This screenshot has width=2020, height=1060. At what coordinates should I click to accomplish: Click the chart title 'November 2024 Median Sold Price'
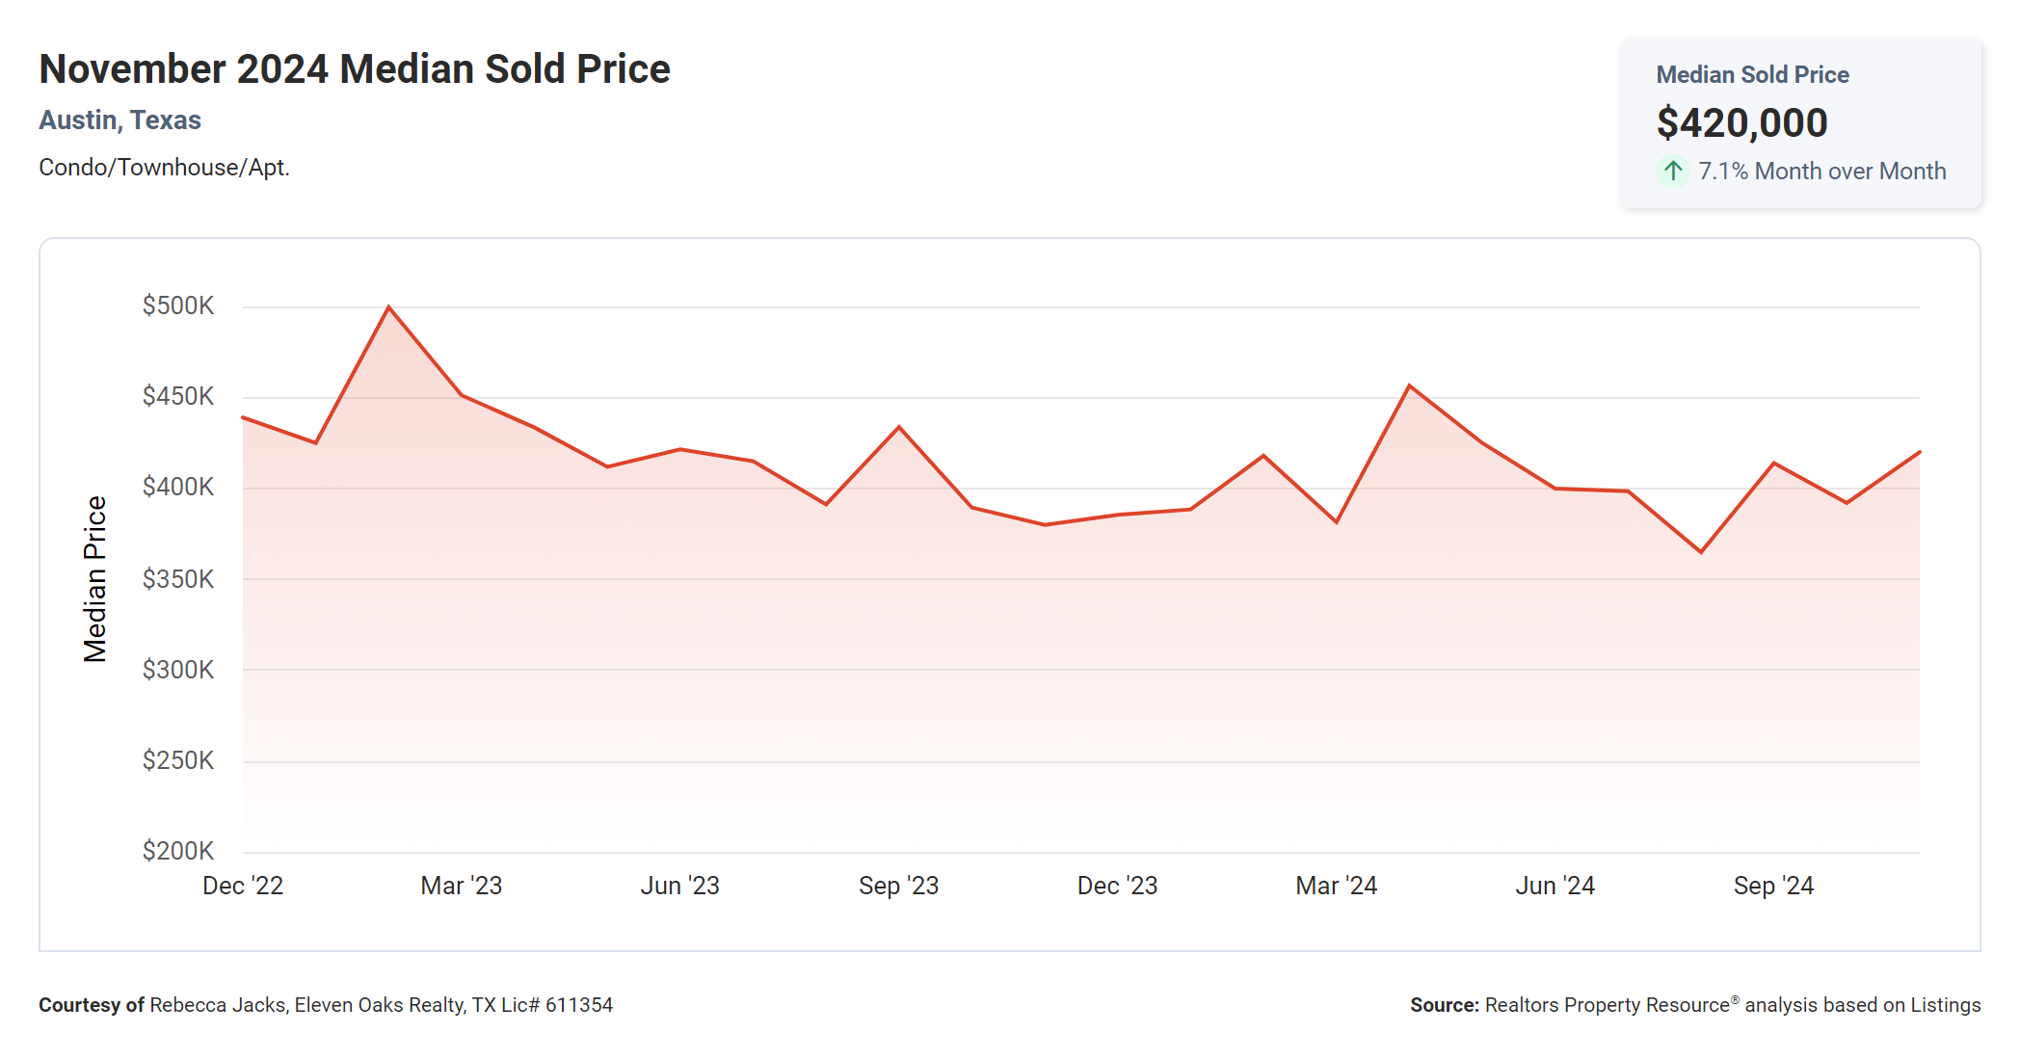[x=354, y=69]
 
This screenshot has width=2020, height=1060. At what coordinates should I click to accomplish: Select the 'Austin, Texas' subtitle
[x=120, y=120]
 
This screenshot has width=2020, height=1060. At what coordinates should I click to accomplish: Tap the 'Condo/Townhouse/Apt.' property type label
[x=164, y=168]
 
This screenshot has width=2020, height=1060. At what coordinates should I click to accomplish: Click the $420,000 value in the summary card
[x=1741, y=123]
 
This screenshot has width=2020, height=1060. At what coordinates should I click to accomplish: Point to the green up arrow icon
[x=1673, y=172]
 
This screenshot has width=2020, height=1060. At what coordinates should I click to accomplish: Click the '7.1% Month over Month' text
[x=1821, y=172]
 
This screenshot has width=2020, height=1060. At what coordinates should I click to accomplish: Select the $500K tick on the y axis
[x=178, y=306]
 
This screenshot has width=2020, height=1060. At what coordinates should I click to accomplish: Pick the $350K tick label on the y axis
[x=178, y=579]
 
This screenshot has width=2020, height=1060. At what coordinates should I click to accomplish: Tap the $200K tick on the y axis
[x=178, y=851]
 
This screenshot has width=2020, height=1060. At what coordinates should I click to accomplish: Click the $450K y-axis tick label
[x=178, y=396]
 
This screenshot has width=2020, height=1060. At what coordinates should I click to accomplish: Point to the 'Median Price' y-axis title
[x=94, y=579]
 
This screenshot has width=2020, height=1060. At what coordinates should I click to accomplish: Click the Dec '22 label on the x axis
[x=243, y=886]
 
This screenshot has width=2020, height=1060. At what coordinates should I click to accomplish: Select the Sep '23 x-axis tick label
[x=898, y=886]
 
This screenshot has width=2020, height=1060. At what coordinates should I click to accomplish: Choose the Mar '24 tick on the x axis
[x=1336, y=886]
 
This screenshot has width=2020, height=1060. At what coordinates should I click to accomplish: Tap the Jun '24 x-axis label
[x=1555, y=886]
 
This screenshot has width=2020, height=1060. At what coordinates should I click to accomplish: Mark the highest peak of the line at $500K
[x=388, y=307]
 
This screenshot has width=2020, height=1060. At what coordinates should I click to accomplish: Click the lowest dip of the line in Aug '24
[x=1701, y=552]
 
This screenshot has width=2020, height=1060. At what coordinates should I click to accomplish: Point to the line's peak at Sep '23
[x=899, y=427]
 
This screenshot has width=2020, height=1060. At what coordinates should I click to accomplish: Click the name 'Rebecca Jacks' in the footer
[x=218, y=1005]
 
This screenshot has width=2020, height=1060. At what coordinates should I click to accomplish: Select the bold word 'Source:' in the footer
[x=1444, y=1005]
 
